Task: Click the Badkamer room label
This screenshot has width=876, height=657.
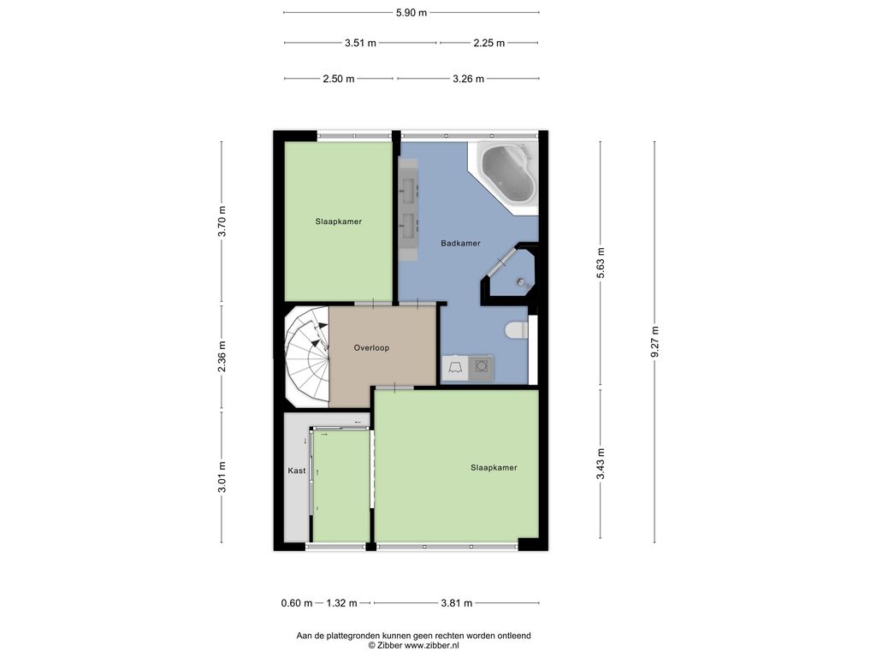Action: click(x=460, y=243)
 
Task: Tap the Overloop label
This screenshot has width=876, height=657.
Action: click(x=371, y=347)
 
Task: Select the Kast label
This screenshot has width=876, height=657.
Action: click(x=297, y=471)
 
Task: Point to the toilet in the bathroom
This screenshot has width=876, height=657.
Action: click(x=517, y=330)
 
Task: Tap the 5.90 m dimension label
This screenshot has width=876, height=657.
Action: click(x=411, y=13)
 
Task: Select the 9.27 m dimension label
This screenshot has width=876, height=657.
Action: click(x=654, y=342)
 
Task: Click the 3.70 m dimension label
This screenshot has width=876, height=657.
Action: click(x=222, y=222)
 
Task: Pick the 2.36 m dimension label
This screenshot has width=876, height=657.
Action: click(x=222, y=357)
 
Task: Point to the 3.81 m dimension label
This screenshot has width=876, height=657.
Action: click(x=457, y=603)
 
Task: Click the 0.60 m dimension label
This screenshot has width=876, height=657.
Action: click(x=297, y=603)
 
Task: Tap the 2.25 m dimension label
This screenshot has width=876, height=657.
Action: click(x=488, y=43)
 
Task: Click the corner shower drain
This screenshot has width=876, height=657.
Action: click(x=521, y=282)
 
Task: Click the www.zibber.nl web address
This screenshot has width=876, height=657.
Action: click(x=432, y=645)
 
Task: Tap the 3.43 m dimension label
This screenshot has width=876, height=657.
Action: click(x=601, y=465)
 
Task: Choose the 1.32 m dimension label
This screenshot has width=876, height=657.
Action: click(x=342, y=603)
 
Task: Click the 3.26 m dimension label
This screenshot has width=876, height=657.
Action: click(x=468, y=79)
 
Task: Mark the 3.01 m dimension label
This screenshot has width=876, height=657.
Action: click(x=222, y=476)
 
